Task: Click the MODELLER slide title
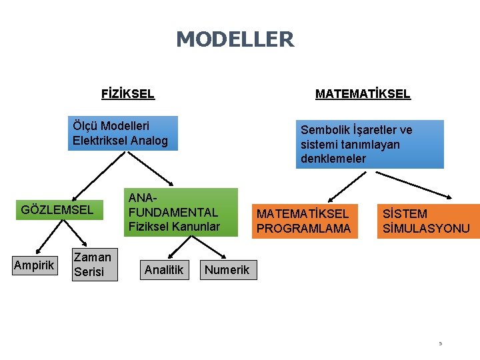click(x=235, y=39)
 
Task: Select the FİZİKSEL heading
click(x=127, y=94)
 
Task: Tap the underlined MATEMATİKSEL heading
click(x=363, y=94)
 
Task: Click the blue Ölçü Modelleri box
click(x=124, y=133)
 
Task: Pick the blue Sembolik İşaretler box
click(x=369, y=144)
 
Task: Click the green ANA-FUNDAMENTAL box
click(x=180, y=212)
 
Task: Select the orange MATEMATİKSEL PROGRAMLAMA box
click(x=303, y=221)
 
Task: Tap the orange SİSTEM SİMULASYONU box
click(x=427, y=221)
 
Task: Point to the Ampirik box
click(x=34, y=265)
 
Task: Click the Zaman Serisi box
click(x=94, y=264)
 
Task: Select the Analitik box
click(x=164, y=269)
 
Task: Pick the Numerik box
click(x=227, y=269)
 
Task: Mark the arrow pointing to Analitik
click(x=175, y=247)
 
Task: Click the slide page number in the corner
click(x=440, y=344)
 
